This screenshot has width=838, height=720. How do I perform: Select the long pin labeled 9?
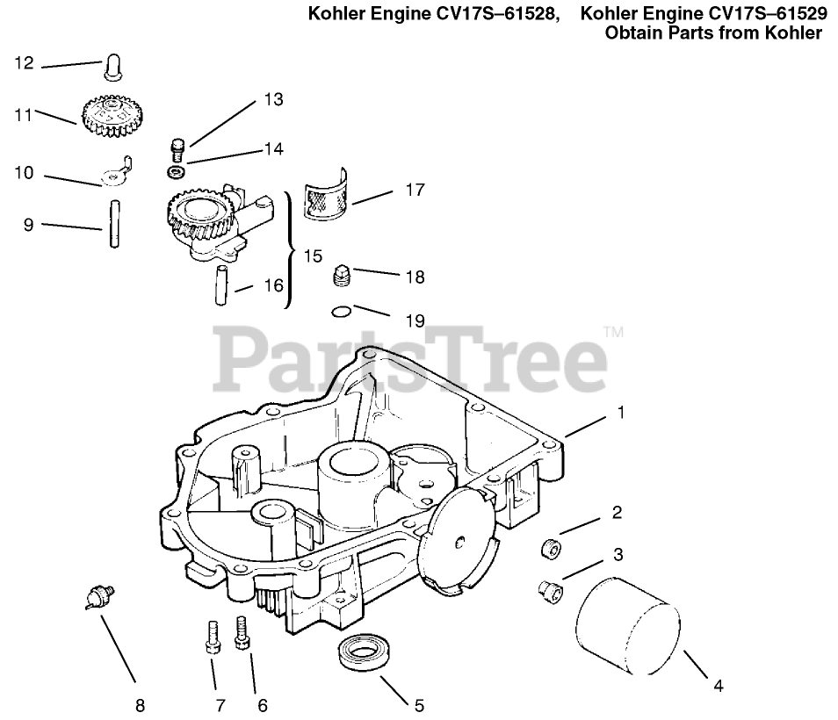click(114, 226)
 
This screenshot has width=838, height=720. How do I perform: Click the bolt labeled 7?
click(212, 636)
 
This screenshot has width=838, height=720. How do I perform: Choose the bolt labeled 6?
click(242, 632)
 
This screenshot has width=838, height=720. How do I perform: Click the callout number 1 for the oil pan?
click(621, 411)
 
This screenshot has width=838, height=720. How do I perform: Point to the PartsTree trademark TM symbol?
click(613, 332)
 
